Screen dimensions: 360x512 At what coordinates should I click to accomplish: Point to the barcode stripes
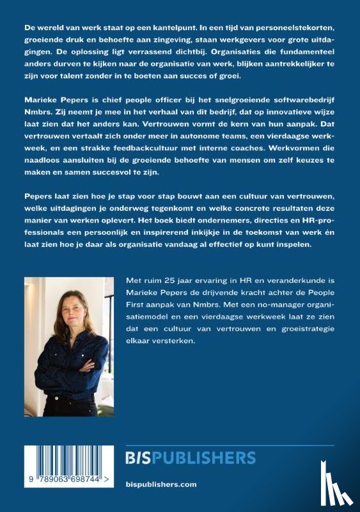(61, 462)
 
